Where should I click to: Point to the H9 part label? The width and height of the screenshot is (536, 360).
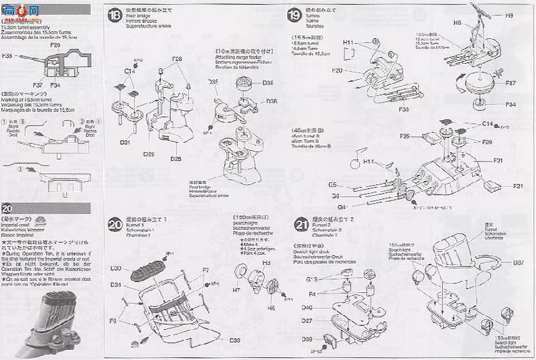pos(510,15)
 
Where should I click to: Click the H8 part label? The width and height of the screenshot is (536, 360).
pos(458,23)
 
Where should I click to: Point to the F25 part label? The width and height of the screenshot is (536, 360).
pos(405,136)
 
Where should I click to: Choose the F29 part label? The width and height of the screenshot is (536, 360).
pos(486,143)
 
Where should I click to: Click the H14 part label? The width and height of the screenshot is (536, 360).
pos(369,162)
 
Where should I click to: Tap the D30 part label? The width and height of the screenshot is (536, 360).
pos(116,268)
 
